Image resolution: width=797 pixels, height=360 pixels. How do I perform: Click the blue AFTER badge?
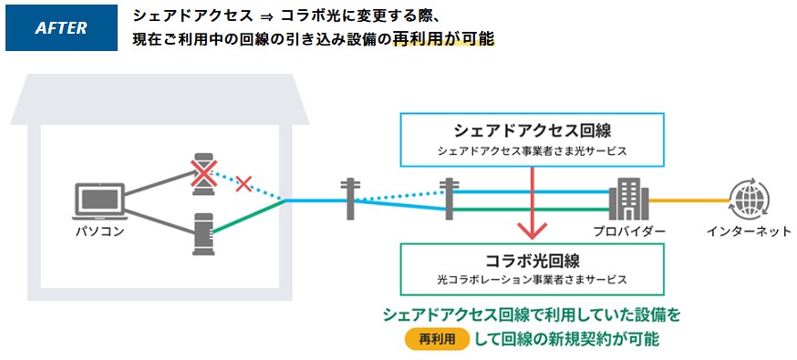point(61,28)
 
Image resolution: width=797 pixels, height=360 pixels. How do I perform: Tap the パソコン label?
point(98,232)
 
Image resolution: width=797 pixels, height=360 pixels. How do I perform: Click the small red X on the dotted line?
point(243,184)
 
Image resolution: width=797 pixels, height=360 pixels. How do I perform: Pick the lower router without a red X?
point(202,233)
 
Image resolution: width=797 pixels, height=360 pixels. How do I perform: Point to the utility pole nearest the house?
point(350,199)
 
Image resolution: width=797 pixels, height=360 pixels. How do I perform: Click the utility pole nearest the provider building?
point(447,199)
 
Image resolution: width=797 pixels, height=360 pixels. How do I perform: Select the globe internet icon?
point(748,197)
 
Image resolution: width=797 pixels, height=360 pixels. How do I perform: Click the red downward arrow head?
point(531,227)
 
